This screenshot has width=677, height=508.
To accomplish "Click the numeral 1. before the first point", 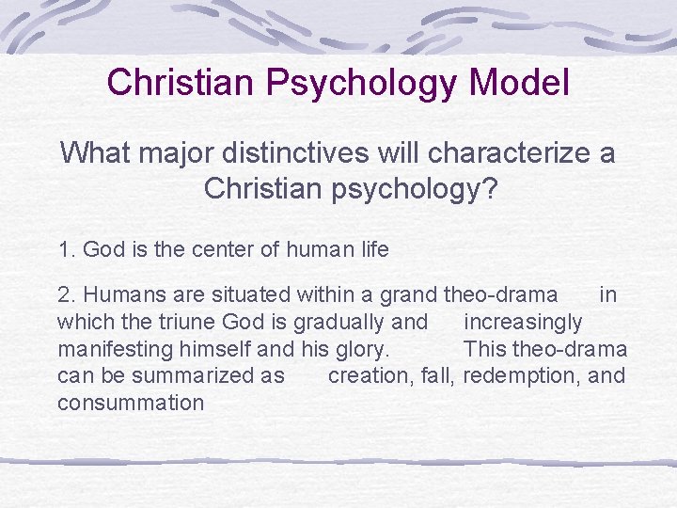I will (x=67, y=250).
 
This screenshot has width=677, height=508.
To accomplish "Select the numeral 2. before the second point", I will (x=67, y=295).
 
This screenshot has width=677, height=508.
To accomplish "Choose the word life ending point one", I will (x=370, y=250).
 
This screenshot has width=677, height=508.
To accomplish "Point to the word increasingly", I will (x=524, y=323).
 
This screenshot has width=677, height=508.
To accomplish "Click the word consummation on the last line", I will (x=131, y=404).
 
